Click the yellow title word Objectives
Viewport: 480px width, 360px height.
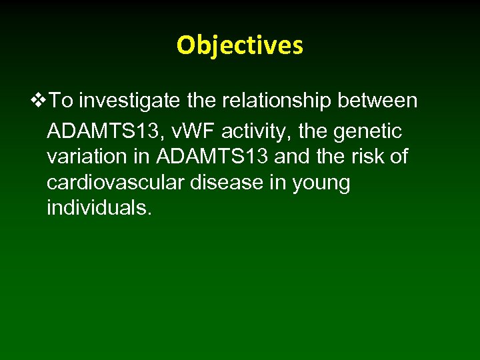239,45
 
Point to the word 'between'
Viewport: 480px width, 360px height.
379,101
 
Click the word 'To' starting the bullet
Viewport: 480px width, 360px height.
62,101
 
